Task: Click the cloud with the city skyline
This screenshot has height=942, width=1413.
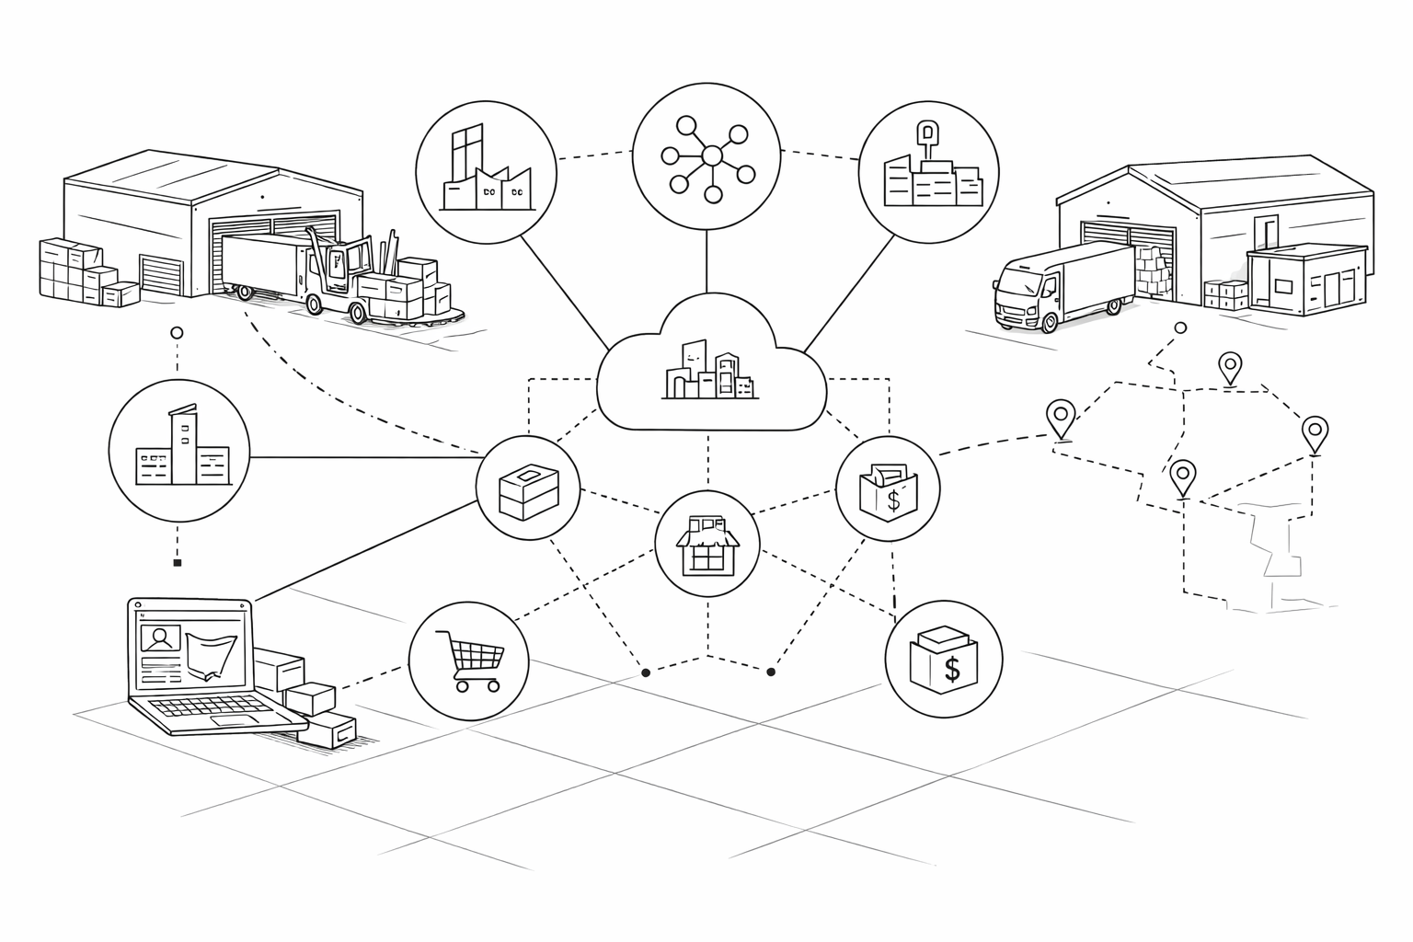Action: tap(710, 368)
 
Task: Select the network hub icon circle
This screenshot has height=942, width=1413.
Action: tap(706, 156)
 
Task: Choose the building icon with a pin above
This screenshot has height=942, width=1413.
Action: tap(928, 172)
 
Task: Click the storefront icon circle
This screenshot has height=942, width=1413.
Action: tap(707, 544)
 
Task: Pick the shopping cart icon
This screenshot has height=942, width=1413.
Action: tap(468, 660)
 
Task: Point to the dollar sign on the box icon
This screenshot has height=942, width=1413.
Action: tap(952, 669)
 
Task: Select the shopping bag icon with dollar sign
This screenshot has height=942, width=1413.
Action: tap(888, 488)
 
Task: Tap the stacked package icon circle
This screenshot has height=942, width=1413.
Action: tap(528, 488)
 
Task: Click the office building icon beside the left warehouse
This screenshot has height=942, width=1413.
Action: tap(178, 450)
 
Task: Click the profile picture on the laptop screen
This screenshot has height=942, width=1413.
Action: tap(160, 638)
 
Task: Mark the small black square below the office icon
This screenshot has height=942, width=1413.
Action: tap(178, 562)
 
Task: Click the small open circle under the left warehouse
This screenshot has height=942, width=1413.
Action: tap(178, 332)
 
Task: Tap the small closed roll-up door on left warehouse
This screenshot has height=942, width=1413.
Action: tap(163, 275)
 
